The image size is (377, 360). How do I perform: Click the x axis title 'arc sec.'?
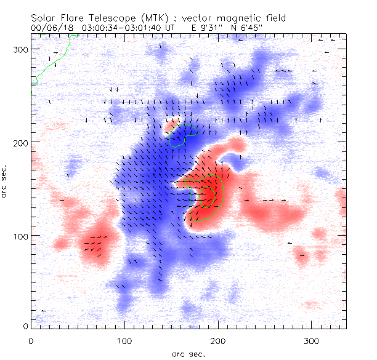[x=188, y=353]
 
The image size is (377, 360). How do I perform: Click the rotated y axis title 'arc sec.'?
[x=6, y=181]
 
